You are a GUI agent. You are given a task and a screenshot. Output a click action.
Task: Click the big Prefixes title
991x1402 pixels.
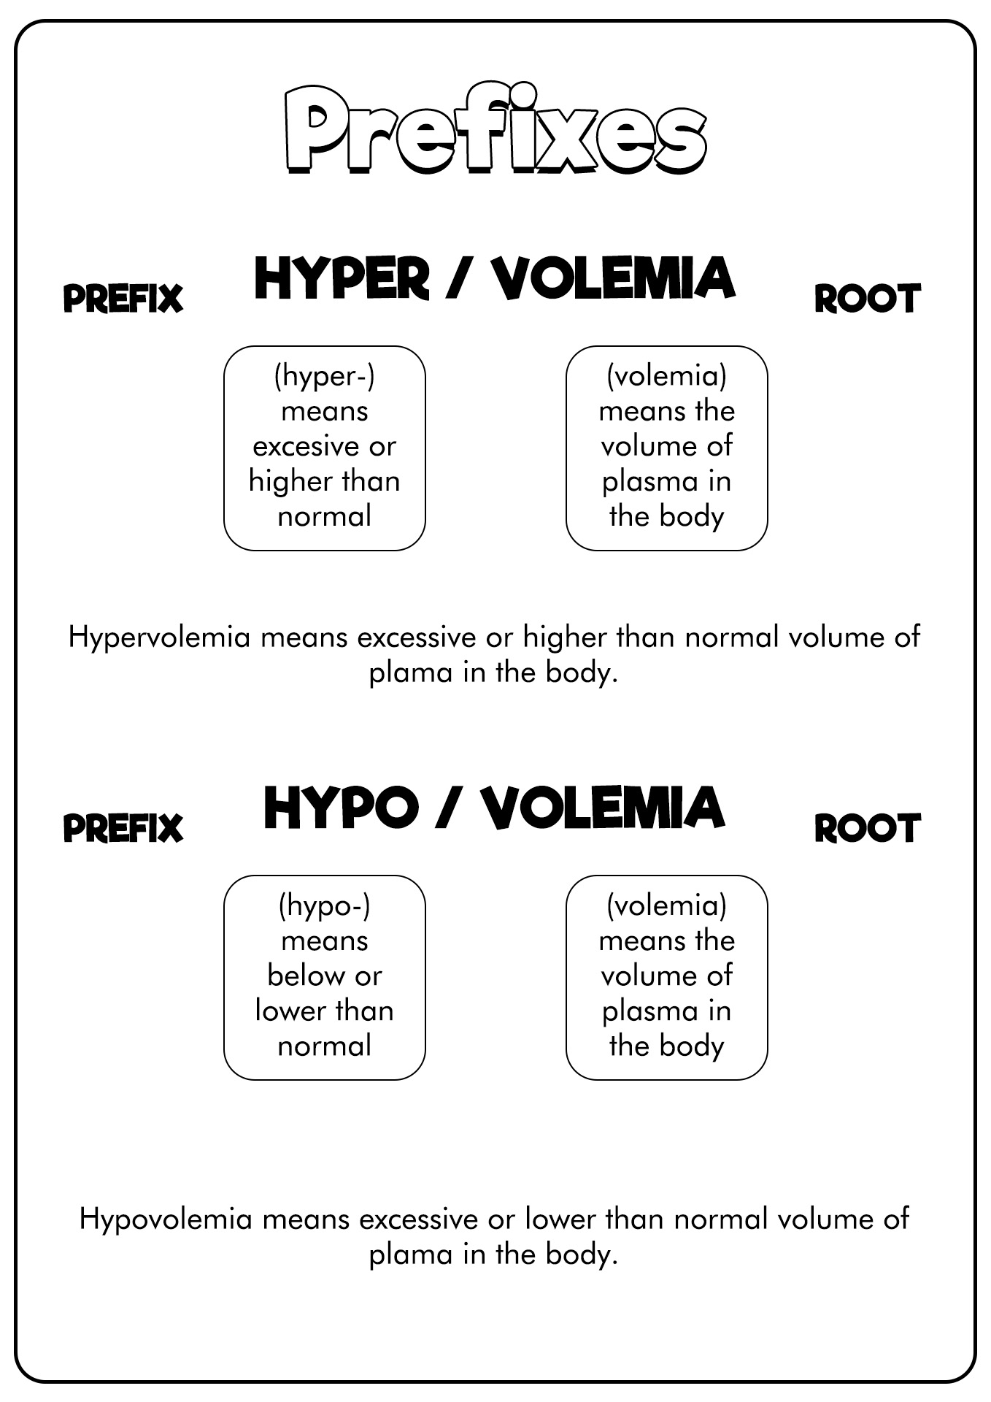(x=495, y=130)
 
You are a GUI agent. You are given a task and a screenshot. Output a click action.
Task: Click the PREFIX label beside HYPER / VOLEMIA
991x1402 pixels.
(x=123, y=299)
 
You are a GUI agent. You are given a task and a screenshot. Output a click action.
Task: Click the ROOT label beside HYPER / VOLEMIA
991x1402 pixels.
(x=867, y=299)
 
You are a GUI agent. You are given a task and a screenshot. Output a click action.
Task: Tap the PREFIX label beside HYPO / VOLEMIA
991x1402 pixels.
(x=123, y=828)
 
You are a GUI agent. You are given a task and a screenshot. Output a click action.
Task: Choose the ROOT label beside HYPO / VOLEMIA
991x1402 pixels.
(x=867, y=828)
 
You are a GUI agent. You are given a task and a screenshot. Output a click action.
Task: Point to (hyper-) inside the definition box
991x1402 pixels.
(x=324, y=377)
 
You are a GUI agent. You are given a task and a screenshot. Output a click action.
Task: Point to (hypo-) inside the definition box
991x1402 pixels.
(x=324, y=906)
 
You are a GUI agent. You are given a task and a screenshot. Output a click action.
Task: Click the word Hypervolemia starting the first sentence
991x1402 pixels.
(x=160, y=637)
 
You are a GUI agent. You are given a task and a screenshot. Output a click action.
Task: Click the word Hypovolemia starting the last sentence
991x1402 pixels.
(x=166, y=1219)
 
